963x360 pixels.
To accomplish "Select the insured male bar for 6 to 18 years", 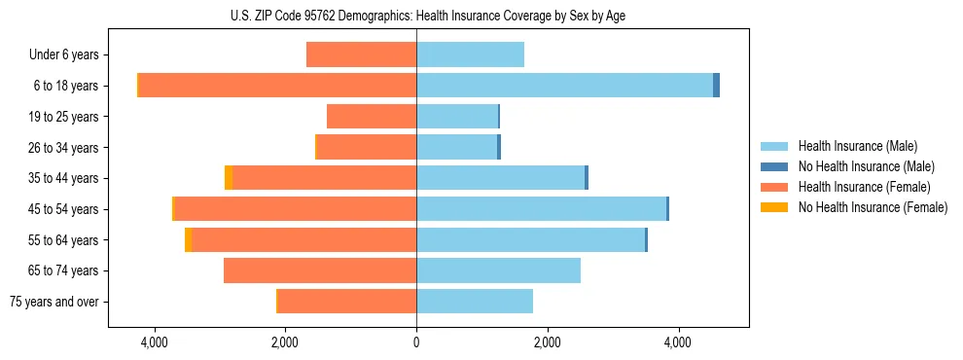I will [x=564, y=86].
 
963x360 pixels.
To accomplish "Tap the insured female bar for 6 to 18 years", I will [x=277, y=86].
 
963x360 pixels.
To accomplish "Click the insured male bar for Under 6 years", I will [x=470, y=54].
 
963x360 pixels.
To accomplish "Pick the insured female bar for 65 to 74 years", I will [x=320, y=270].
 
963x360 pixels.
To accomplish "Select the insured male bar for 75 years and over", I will [x=475, y=302].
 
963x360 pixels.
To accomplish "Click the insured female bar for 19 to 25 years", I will [x=372, y=117].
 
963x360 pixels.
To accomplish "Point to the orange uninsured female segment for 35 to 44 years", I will [x=229, y=178].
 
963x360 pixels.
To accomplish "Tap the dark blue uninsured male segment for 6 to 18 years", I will [x=716, y=86].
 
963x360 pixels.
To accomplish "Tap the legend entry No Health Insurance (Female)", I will [x=872, y=207].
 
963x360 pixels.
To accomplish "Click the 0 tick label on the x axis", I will [x=416, y=342].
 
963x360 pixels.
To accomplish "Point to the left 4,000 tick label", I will [x=154, y=342].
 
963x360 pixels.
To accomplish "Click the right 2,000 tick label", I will [x=547, y=342].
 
